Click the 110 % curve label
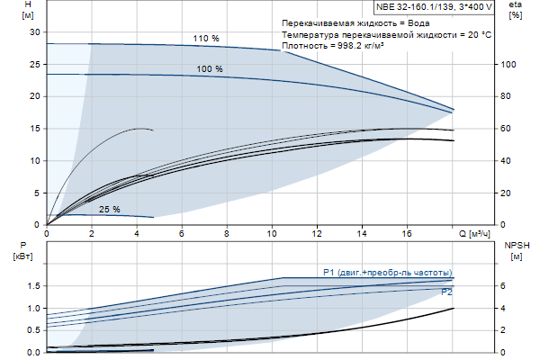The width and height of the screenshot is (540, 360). [206, 39]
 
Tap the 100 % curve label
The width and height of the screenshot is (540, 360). [210, 69]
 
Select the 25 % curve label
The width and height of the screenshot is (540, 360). [110, 210]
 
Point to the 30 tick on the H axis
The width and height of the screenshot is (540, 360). [37, 31]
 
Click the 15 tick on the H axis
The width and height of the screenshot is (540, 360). [37, 128]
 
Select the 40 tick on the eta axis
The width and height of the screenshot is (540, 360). [507, 160]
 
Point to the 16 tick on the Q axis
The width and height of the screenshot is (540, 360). [408, 234]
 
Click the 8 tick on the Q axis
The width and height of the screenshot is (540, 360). [227, 234]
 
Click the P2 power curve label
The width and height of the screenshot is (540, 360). [446, 292]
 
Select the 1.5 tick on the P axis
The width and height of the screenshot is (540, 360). [34, 285]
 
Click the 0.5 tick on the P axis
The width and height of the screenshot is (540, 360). [34, 330]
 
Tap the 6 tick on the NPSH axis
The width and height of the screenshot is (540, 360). [504, 285]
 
